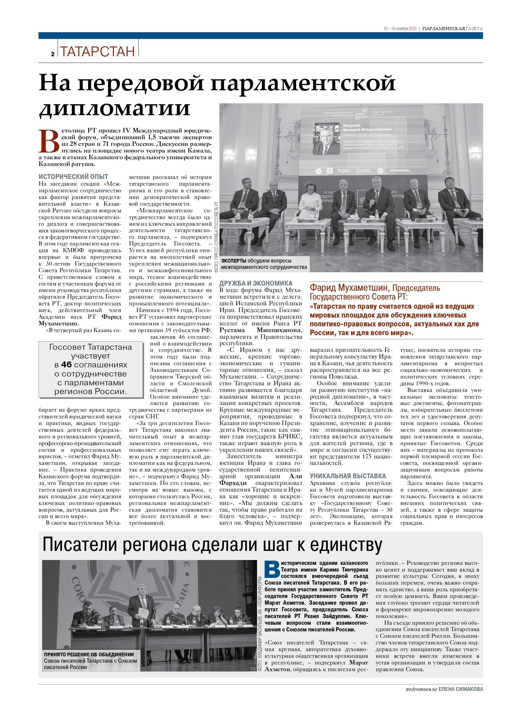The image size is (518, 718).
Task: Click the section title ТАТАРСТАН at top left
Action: (97, 51)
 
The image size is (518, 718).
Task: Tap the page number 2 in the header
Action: (52, 54)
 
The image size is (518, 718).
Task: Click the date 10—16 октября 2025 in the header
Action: (400, 29)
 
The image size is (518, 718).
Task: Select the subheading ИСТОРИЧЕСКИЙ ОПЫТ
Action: (73, 177)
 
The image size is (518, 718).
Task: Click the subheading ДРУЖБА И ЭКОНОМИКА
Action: (256, 283)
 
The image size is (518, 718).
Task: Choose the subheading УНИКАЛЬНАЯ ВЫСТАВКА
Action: (347, 476)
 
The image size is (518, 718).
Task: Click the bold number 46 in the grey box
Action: (67, 364)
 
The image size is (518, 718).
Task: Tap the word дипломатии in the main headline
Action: (114, 108)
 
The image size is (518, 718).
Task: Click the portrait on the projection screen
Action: (326, 138)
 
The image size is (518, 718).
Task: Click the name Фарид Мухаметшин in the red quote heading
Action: (349, 288)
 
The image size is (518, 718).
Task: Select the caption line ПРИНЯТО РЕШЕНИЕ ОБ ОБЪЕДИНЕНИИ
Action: (89, 654)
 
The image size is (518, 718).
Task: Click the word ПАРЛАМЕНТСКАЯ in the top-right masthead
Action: (443, 29)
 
